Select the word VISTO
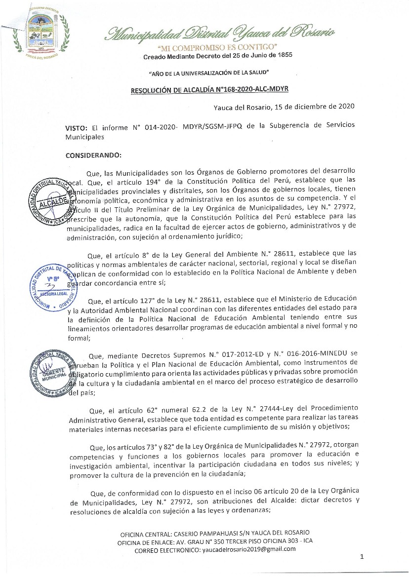[76, 127]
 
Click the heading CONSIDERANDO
[93, 155]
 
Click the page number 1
[362, 557]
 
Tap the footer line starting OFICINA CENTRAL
[215, 533]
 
